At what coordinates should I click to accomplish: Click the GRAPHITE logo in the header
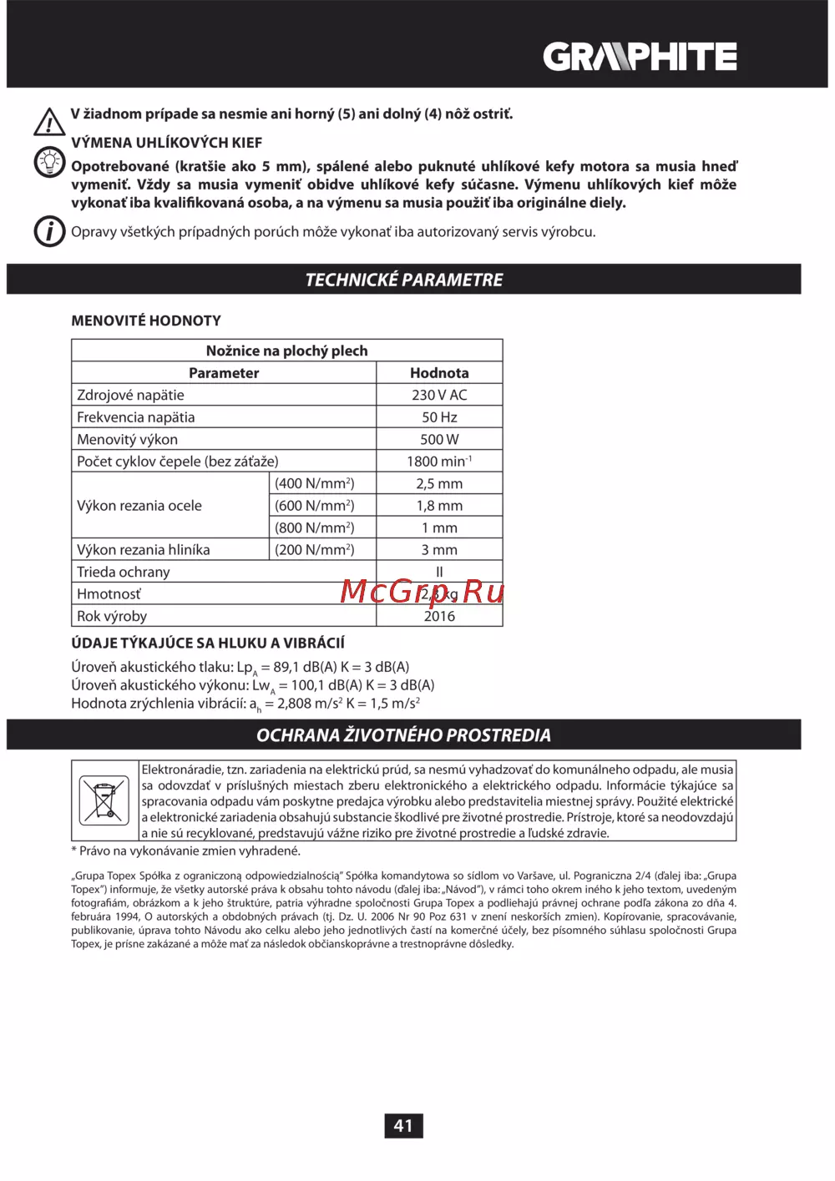click(640, 57)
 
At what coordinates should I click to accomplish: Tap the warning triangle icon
click(49, 122)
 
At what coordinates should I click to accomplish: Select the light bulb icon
click(49, 162)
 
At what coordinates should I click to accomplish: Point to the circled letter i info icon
click(49, 231)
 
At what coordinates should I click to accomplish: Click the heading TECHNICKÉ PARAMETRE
click(403, 280)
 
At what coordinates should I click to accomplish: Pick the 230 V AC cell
click(439, 395)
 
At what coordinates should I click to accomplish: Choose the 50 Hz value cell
click(439, 417)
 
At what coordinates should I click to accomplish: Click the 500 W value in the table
click(439, 439)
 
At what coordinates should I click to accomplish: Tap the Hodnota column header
click(439, 373)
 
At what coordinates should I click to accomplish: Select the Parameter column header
click(224, 373)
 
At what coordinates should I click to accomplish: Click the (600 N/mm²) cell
click(314, 506)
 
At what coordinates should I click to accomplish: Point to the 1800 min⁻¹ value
click(439, 462)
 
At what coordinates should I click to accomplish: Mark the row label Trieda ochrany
click(124, 572)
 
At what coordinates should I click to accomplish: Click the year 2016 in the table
click(439, 616)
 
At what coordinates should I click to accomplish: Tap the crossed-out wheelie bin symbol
click(104, 800)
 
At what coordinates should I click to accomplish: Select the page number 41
click(403, 1126)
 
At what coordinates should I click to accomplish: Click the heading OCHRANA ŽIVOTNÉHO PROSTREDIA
click(403, 735)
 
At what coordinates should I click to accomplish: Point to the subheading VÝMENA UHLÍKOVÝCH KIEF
click(167, 143)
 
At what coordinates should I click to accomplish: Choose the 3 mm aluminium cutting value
click(439, 550)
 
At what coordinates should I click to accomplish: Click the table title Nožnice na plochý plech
click(286, 351)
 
